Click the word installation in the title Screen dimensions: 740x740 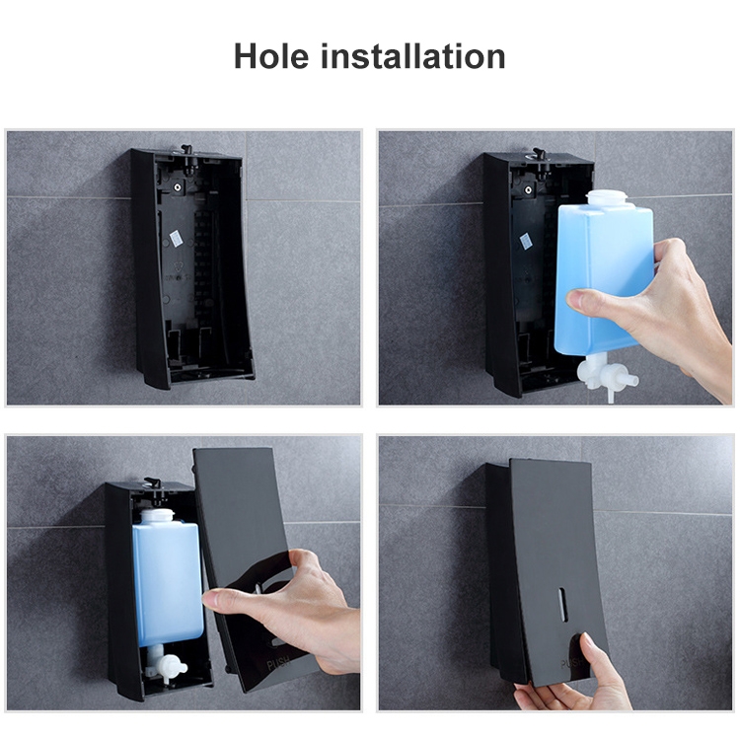pos(413,56)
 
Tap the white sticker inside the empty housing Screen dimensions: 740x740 pos(177,239)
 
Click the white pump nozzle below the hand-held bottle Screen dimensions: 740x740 pos(599,374)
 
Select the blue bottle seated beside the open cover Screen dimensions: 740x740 pos(167,582)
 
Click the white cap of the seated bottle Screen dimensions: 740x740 pos(158,516)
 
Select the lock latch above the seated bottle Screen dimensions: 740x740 pos(153,483)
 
